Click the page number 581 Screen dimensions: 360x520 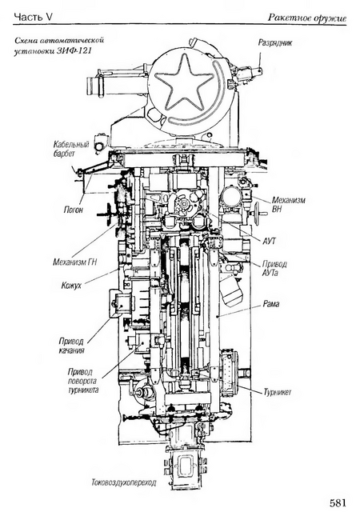click(x=338, y=502)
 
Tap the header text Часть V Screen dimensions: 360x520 click(x=33, y=18)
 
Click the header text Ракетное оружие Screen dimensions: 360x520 click(x=307, y=18)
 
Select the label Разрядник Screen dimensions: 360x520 click(x=275, y=43)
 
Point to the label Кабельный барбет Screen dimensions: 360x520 click(x=71, y=149)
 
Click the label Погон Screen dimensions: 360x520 click(x=74, y=210)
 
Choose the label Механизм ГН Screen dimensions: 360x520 click(x=75, y=262)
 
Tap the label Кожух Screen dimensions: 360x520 click(x=71, y=285)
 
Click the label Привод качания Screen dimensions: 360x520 click(x=71, y=346)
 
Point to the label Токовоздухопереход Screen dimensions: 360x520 click(x=124, y=482)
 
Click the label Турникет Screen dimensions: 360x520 click(x=278, y=392)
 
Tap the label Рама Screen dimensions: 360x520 click(x=271, y=304)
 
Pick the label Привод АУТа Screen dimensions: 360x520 click(x=274, y=269)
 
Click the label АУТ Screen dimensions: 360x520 click(x=269, y=241)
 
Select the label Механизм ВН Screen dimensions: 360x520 click(x=288, y=205)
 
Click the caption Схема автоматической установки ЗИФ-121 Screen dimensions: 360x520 click(x=59, y=46)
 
